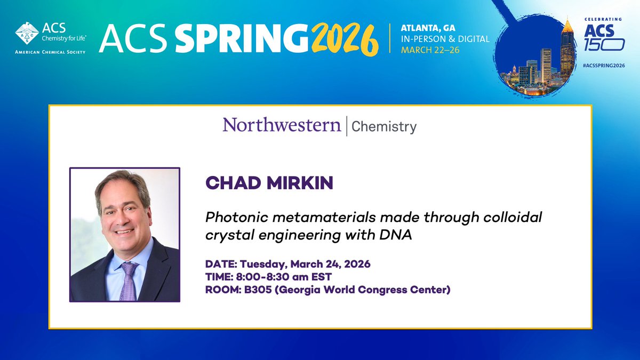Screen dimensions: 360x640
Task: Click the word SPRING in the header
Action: [234, 38]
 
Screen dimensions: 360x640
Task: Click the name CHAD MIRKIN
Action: [269, 183]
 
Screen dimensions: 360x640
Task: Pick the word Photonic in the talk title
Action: [231, 218]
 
